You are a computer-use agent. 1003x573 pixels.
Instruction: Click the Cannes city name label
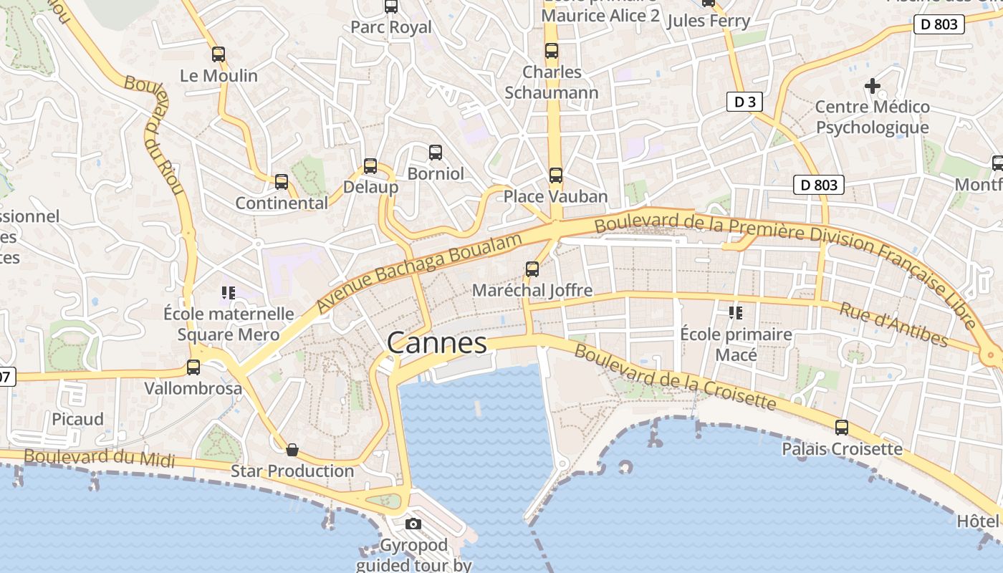tap(437, 342)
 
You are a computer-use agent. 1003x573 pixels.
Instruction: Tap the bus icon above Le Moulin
tap(219, 54)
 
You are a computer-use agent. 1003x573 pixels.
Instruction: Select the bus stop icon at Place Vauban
tap(556, 175)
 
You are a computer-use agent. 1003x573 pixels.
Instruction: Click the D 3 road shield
tap(745, 102)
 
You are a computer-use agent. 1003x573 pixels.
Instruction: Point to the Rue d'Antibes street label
tap(893, 324)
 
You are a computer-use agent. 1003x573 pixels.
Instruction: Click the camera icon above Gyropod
tap(413, 524)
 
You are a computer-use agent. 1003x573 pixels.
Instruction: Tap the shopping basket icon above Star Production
tap(292, 450)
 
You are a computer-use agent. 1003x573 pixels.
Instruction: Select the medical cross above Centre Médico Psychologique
tap(872, 86)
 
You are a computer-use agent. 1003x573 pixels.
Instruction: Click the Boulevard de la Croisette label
tap(675, 377)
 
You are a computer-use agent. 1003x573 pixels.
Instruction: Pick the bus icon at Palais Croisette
tap(842, 428)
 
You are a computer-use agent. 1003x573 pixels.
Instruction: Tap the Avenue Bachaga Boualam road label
tap(418, 274)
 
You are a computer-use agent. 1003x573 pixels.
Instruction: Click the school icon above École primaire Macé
tap(735, 312)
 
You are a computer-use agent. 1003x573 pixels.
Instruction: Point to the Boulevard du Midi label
tap(100, 457)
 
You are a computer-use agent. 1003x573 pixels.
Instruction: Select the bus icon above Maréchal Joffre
tap(532, 269)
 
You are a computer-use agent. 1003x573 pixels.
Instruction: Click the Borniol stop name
tap(436, 173)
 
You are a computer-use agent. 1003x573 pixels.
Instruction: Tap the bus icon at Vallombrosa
tap(193, 367)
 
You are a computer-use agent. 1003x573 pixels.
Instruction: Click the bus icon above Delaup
tap(370, 166)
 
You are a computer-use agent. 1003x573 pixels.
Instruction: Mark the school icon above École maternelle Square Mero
tap(229, 292)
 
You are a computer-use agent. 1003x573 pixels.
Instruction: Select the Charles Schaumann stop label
tap(552, 82)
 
